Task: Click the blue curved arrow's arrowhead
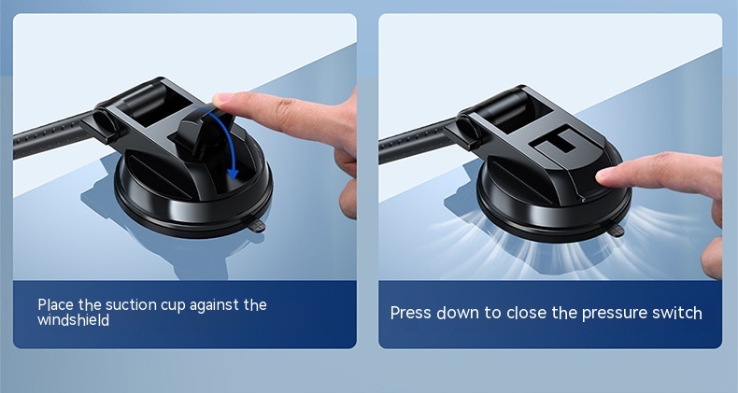click(x=233, y=175)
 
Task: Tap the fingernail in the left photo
click(x=222, y=99)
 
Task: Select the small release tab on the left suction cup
click(x=257, y=227)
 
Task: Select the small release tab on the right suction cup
click(x=617, y=231)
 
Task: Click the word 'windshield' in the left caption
click(x=74, y=320)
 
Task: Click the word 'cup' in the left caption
click(x=173, y=306)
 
